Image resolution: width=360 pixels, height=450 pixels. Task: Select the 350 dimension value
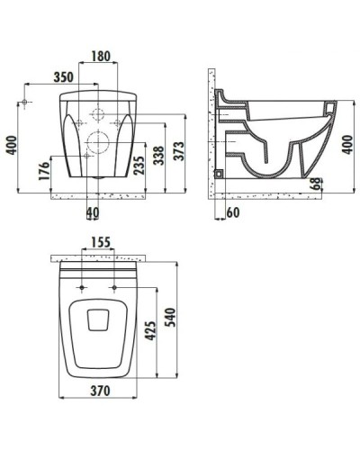pos(61,78)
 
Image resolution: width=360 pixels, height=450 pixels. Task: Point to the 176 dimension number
pos(42,172)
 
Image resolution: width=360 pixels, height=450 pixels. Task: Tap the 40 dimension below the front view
pos(93,212)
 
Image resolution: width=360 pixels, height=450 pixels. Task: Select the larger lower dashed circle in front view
pos(98,142)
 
